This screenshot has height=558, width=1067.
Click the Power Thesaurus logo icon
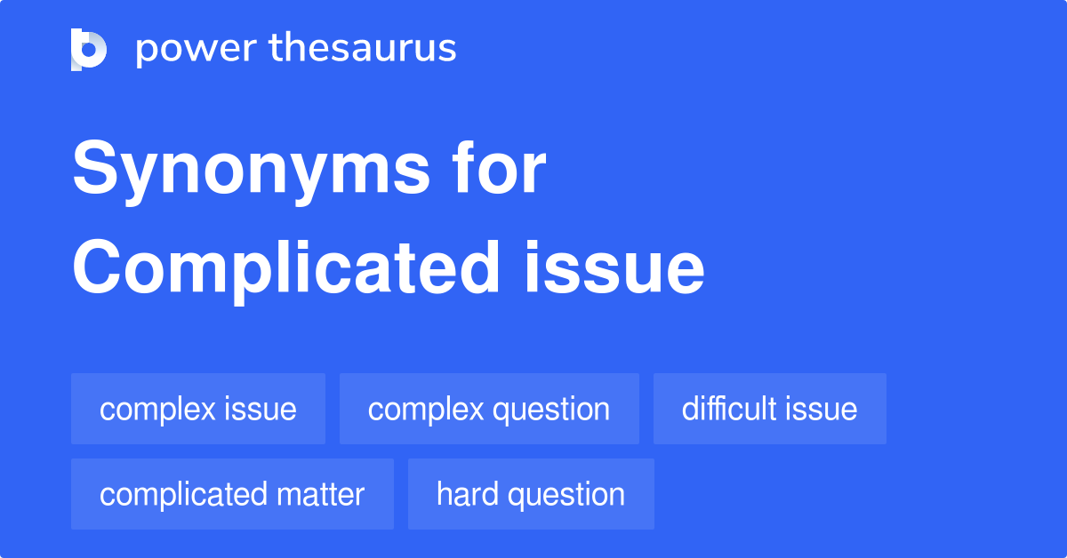pyautogui.click(x=89, y=49)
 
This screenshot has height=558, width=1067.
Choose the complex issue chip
pyautogui.click(x=198, y=409)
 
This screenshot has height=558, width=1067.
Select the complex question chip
pyautogui.click(x=489, y=409)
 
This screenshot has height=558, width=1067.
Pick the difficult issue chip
pyautogui.click(x=770, y=409)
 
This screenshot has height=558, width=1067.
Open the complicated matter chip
pyautogui.click(x=232, y=494)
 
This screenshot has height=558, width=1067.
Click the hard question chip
pyautogui.click(x=531, y=494)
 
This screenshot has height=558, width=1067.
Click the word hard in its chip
pyautogui.click(x=466, y=494)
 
